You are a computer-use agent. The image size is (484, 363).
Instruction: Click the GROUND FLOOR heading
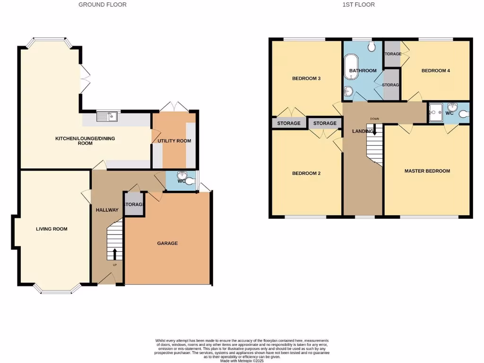(103, 5)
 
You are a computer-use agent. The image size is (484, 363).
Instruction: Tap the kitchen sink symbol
(107, 116)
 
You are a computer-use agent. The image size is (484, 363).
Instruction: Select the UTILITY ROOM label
(173, 141)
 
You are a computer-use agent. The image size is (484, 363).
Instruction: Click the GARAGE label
(167, 243)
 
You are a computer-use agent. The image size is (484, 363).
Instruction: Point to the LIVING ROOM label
(52, 229)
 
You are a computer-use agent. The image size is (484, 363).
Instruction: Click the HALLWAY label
(106, 210)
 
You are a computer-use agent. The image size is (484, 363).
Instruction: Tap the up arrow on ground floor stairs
(114, 255)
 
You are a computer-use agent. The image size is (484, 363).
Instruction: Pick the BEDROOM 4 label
(435, 71)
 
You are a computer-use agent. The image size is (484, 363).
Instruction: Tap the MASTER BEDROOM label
(427, 171)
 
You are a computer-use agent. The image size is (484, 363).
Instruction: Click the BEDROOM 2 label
(306, 173)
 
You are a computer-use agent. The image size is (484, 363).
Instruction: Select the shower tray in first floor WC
(435, 113)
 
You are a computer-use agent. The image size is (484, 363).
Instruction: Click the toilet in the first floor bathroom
(372, 46)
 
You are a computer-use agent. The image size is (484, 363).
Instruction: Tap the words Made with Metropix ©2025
(242, 361)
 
